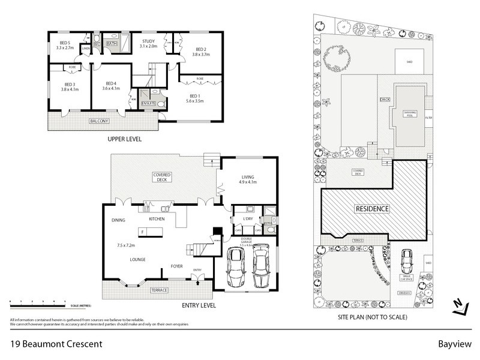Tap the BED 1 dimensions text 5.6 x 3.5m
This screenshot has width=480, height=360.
[194, 101]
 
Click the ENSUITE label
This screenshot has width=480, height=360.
[149, 104]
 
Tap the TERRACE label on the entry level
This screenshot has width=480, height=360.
[158, 290]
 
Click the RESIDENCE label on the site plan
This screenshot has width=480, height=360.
[372, 209]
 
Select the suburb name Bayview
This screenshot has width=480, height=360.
[454, 344]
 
